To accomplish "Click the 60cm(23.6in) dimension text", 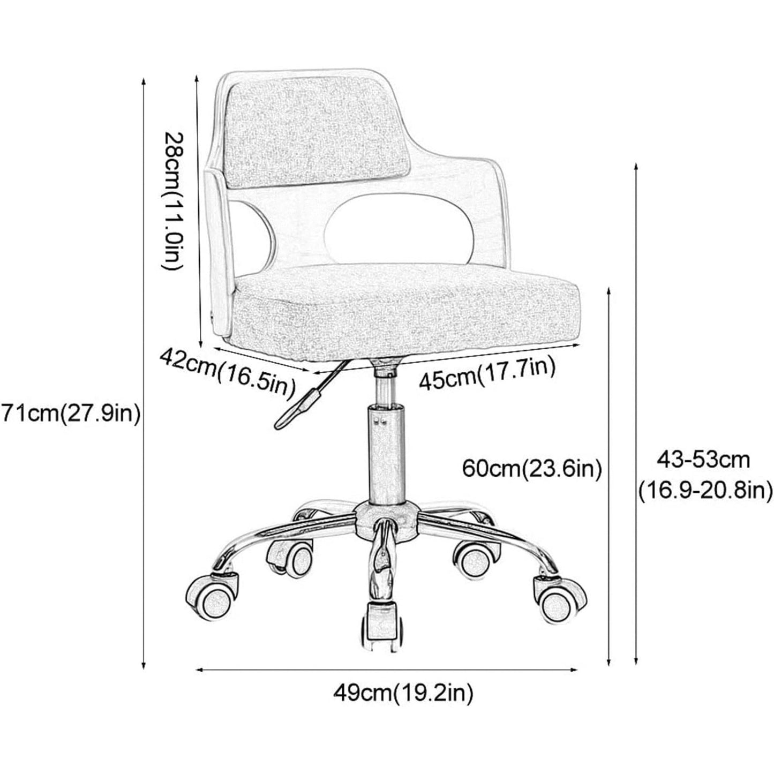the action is pyautogui.click(x=532, y=469).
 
